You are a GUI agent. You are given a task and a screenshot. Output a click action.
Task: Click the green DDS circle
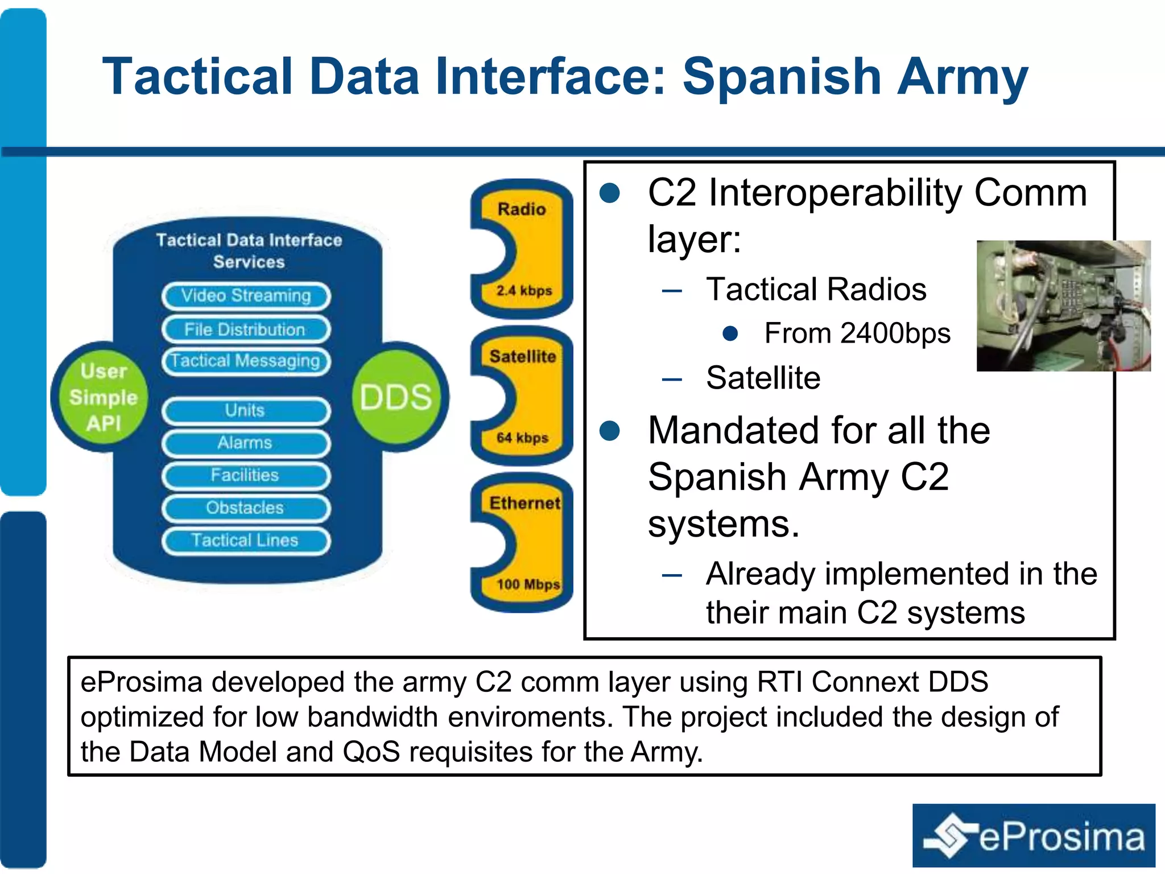click(x=396, y=397)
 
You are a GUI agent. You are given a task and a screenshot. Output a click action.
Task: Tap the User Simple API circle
click(x=103, y=397)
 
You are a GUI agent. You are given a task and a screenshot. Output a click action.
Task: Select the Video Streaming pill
click(x=246, y=296)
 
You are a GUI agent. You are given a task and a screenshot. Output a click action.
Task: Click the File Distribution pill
click(x=246, y=329)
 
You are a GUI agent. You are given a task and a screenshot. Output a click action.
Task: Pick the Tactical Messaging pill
click(x=246, y=361)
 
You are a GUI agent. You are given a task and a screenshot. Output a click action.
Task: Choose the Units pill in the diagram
click(x=246, y=411)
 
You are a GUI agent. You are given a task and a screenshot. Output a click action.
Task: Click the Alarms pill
click(x=246, y=443)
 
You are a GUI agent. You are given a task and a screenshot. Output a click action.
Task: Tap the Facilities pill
click(x=246, y=476)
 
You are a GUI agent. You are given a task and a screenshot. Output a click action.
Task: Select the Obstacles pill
click(x=246, y=508)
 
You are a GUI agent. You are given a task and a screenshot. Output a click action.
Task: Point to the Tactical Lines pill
click(x=246, y=541)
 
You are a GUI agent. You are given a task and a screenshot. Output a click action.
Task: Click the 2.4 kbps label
click(x=524, y=291)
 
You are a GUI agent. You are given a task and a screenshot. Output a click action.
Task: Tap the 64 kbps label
click(x=522, y=438)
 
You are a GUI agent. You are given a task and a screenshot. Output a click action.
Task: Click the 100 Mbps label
click(x=528, y=584)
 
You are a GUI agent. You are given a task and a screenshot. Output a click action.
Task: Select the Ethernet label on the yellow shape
click(x=524, y=503)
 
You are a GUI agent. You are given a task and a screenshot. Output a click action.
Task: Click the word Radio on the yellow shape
click(x=522, y=209)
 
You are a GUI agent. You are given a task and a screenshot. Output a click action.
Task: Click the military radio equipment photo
click(x=1063, y=306)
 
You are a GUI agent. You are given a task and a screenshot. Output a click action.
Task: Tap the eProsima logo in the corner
click(x=1034, y=835)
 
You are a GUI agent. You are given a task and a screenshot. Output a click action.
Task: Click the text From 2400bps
click(x=857, y=333)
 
